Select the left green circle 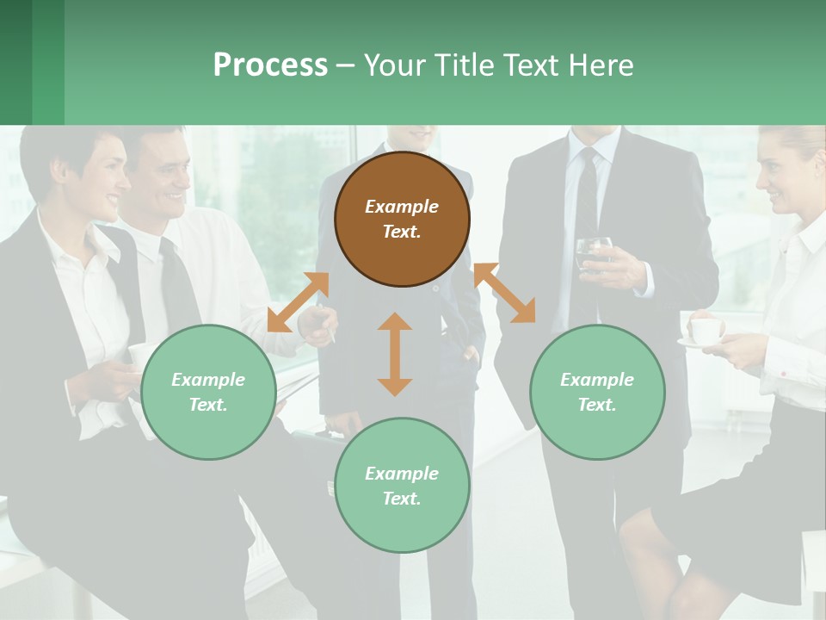click(x=208, y=392)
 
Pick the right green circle click(x=597, y=392)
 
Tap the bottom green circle click(x=402, y=486)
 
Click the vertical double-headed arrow click(x=395, y=354)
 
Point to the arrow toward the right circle click(x=505, y=293)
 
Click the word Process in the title click(x=270, y=65)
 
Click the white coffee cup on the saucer click(x=706, y=330)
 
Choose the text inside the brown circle click(x=402, y=219)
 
